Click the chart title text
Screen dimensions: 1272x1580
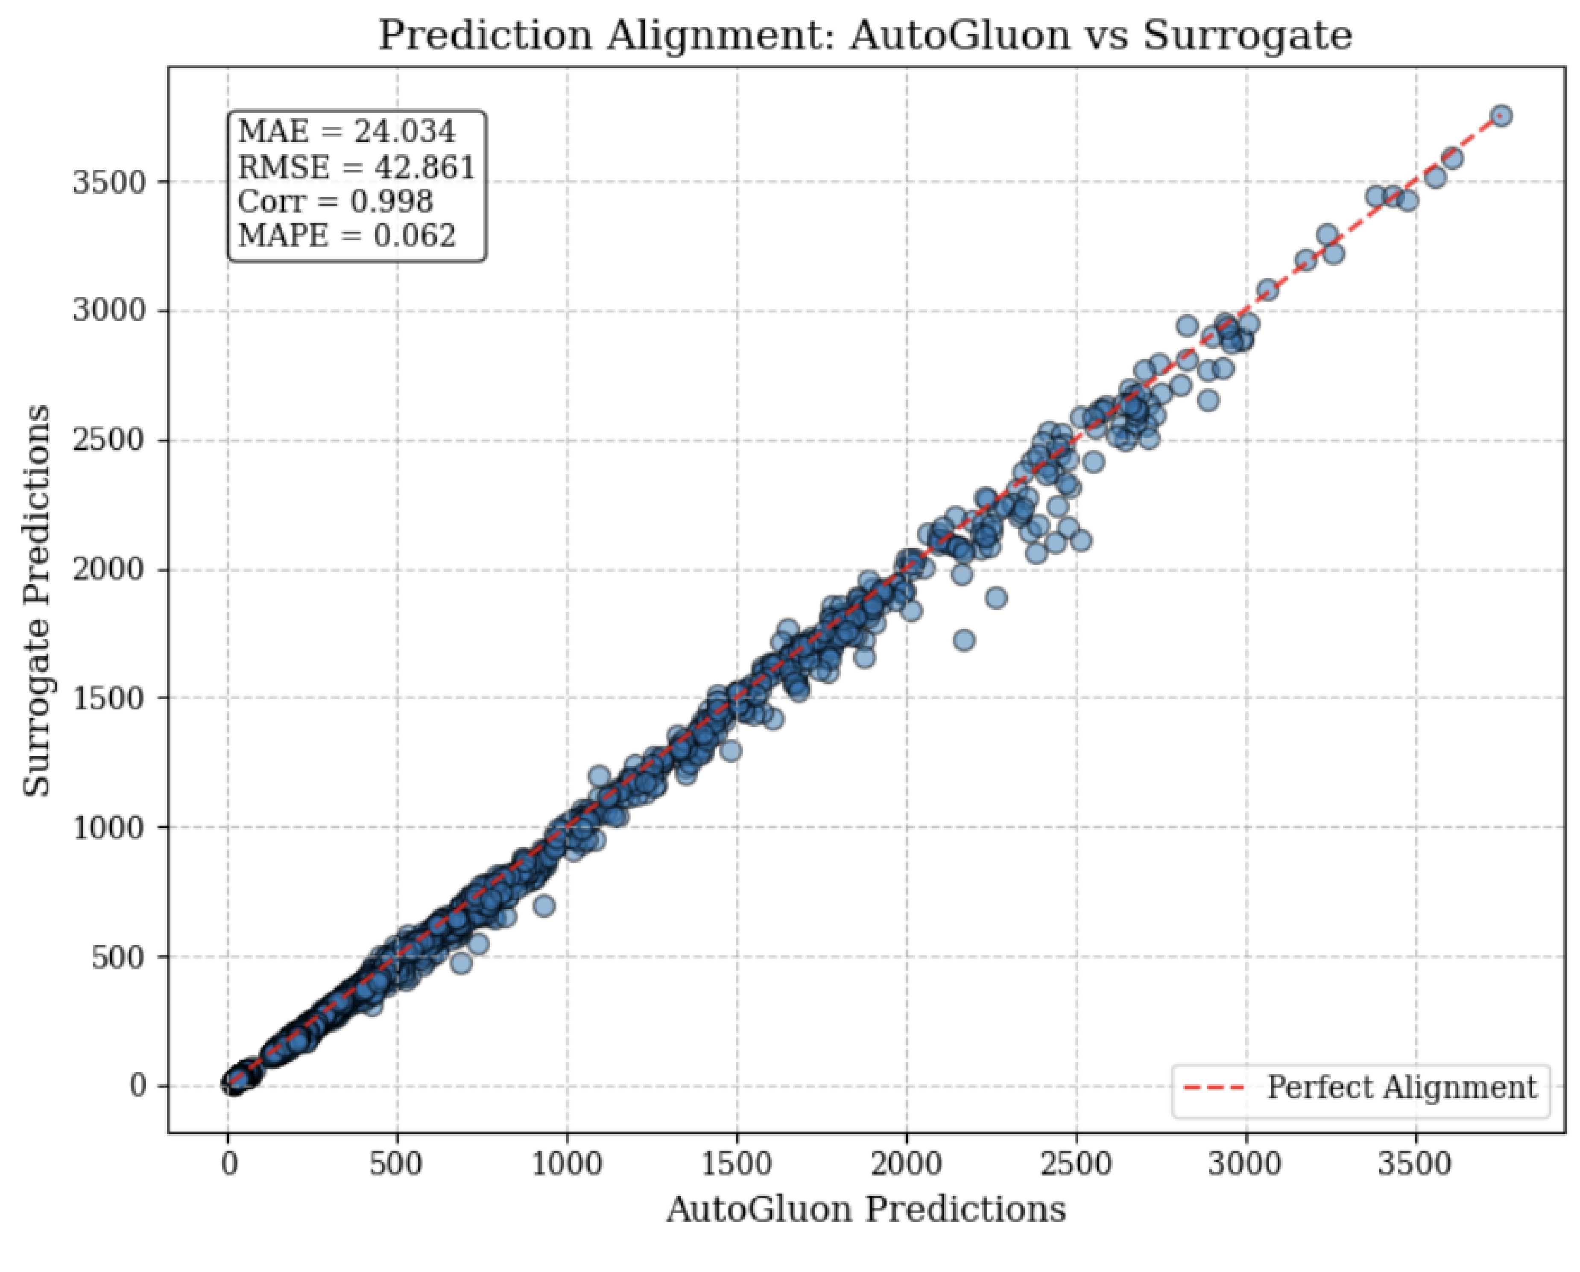click(865, 35)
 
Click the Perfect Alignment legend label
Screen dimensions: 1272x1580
click(1401, 1087)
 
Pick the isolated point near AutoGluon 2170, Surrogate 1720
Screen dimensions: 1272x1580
click(964, 640)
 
